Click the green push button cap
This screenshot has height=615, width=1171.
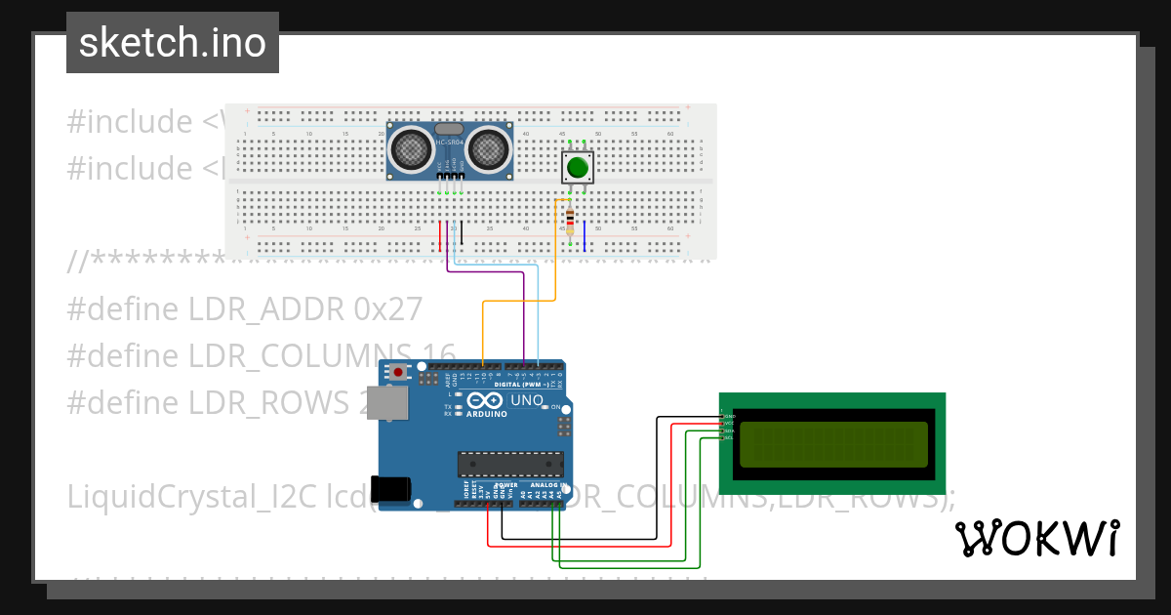pos(578,167)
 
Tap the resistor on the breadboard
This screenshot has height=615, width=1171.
pos(570,221)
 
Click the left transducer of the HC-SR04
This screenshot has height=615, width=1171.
pos(412,149)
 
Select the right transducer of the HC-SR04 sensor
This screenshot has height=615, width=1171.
pos(487,149)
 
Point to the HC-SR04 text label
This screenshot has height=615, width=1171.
pos(449,143)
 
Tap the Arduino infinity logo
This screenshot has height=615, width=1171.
pos(486,400)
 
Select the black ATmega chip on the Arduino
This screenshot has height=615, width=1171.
pos(510,466)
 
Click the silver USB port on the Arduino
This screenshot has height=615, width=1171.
pos(393,402)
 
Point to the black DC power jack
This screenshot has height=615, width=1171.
pos(392,489)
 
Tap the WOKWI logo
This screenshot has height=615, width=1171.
pos(1036,538)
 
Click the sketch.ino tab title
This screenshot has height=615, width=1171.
pos(173,43)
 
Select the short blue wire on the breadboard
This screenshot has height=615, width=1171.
pos(585,236)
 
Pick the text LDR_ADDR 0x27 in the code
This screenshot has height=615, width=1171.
pos(305,308)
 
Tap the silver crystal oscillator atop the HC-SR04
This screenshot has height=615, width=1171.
pos(449,129)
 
